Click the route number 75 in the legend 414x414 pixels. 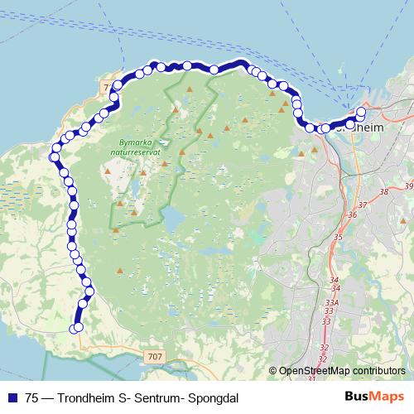[x=31, y=397]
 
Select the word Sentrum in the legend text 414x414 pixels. [x=155, y=397]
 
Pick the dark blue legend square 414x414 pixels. [x=11, y=397]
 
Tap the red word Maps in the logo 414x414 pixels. [x=388, y=397]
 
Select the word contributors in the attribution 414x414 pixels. [x=379, y=371]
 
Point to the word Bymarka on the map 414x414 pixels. [x=131, y=142]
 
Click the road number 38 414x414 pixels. [x=383, y=192]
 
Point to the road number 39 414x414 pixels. [x=407, y=188]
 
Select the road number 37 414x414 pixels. [x=362, y=205]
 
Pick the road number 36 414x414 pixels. [x=352, y=215]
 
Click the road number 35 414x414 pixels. [x=337, y=238]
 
